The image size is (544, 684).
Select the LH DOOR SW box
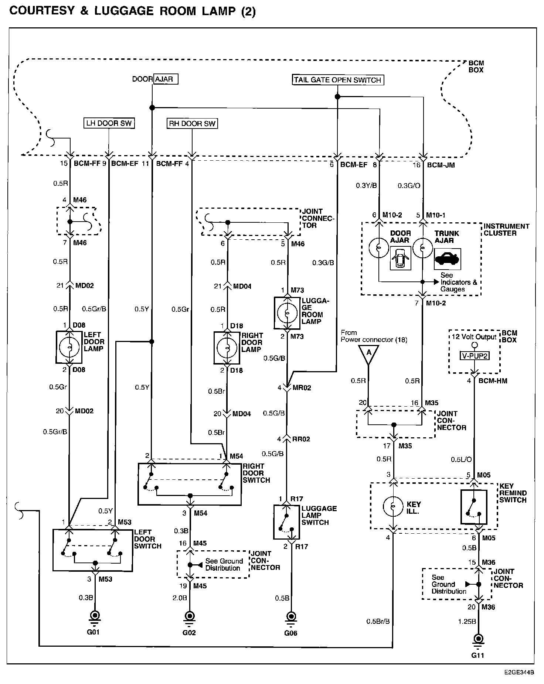point(109,123)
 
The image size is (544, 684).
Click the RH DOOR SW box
point(192,123)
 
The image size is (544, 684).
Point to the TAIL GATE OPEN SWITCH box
point(337,80)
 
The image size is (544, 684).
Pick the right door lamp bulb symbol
point(227,348)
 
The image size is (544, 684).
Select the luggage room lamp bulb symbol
point(287,313)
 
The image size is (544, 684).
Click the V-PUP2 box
point(475,356)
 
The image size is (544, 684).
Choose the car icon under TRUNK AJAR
point(447,259)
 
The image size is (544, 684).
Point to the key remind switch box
point(474,507)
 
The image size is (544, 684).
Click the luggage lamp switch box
point(286,522)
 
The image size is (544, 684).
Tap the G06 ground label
point(291,633)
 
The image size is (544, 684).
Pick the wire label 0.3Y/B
point(366,185)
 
